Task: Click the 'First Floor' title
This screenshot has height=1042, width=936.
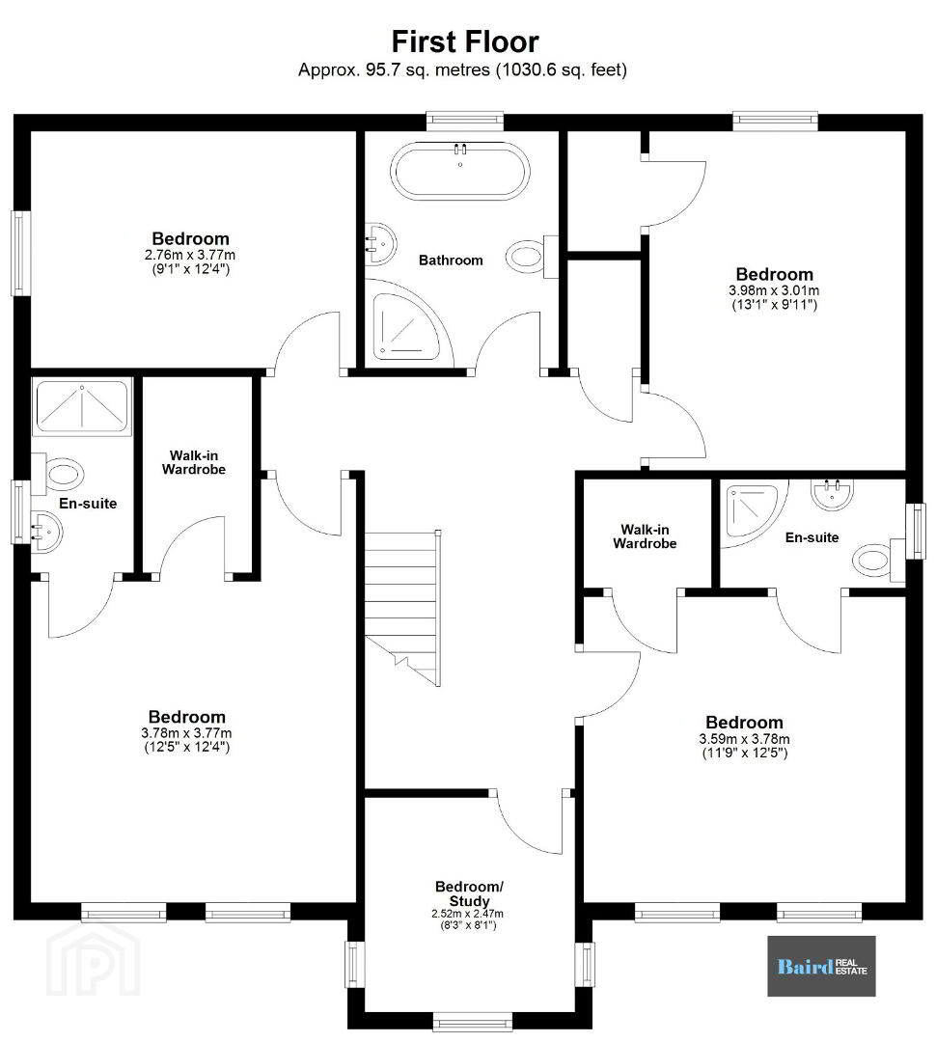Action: [x=465, y=41]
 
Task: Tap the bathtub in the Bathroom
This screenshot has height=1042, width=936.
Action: [x=460, y=171]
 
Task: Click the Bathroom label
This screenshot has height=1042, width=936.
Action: [x=451, y=260]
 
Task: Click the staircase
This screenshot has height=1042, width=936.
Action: [x=402, y=608]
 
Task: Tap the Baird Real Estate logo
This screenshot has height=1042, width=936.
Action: [x=822, y=966]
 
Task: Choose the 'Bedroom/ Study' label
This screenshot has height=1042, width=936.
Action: [x=469, y=893]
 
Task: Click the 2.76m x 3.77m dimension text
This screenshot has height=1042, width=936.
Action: [x=190, y=255]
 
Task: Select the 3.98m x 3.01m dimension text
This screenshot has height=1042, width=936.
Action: [x=774, y=290]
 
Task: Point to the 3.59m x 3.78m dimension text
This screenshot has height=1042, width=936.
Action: [x=745, y=739]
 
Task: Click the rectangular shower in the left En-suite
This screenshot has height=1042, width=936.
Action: [x=82, y=405]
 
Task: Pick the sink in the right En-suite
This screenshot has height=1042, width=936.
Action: [x=832, y=494]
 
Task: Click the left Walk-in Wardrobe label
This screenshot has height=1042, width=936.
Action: [x=193, y=462]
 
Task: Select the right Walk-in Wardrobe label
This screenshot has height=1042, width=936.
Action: [x=645, y=536]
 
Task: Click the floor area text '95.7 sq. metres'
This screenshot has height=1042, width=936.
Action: [x=427, y=69]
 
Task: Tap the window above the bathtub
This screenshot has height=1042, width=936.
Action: [x=465, y=120]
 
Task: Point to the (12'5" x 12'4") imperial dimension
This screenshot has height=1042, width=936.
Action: [x=187, y=747]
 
